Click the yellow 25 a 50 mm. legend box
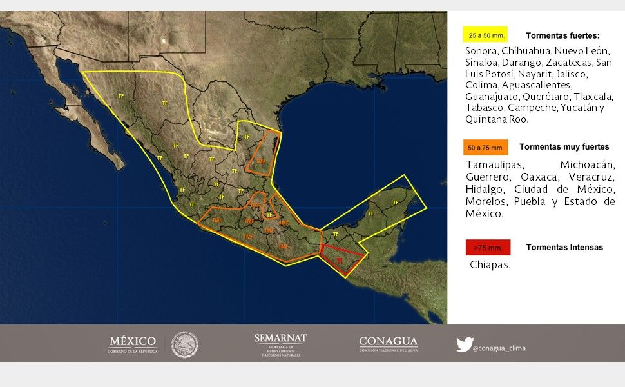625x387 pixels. tap(485, 35)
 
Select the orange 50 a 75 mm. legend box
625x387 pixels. tap(485, 147)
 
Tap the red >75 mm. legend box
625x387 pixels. tap(487, 248)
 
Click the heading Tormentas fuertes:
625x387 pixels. tap(562, 35)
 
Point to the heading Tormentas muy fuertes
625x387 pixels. tap(564, 146)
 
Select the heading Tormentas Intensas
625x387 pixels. tap(564, 247)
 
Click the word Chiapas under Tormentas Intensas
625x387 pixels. tap(490, 264)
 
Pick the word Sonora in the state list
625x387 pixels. tap(481, 51)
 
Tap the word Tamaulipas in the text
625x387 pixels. tap(495, 164)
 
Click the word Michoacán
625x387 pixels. tap(587, 164)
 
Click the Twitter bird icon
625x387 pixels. tap(464, 344)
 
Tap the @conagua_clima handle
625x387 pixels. tap(499, 348)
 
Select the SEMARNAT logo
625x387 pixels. tap(280, 345)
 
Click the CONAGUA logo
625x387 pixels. tap(388, 344)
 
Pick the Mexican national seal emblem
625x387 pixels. tap(184, 345)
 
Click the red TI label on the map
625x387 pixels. tap(339, 261)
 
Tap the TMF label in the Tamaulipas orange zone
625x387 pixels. tap(260, 161)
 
